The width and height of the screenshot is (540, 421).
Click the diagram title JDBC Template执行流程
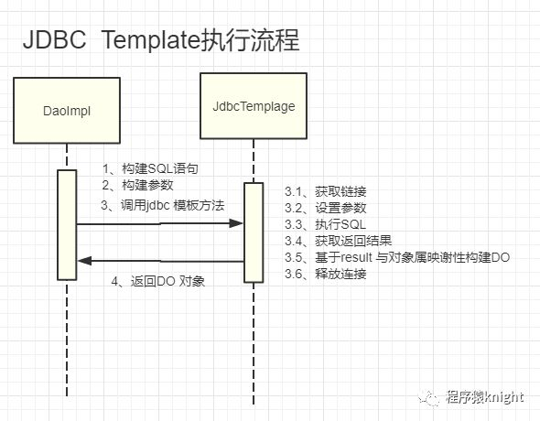point(161,40)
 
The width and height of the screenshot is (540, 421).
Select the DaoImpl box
point(67,110)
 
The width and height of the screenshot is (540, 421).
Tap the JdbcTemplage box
point(254,106)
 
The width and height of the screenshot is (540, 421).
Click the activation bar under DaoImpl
point(67,225)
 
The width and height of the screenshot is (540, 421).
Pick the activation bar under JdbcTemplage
point(254,232)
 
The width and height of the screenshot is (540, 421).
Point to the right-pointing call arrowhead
point(236,223)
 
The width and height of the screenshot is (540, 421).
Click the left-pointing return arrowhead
point(85,261)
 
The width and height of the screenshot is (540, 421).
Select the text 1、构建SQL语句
point(150,168)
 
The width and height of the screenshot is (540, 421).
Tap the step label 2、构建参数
point(137,185)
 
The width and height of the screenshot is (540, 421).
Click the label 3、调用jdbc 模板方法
point(163,206)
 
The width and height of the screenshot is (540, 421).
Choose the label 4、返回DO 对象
point(158,282)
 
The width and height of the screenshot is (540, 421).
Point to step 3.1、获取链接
point(326,192)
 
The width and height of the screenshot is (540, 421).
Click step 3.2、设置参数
point(326,208)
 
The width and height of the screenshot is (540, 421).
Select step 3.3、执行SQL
point(325,224)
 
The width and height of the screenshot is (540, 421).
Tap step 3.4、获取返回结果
point(339,241)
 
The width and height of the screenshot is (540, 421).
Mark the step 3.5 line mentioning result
point(397,257)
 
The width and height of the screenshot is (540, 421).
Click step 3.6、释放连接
point(326,274)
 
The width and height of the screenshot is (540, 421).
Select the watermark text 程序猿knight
point(485,397)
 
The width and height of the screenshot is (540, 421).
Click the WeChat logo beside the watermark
point(428,398)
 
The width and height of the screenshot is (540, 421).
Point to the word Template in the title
point(150,40)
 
